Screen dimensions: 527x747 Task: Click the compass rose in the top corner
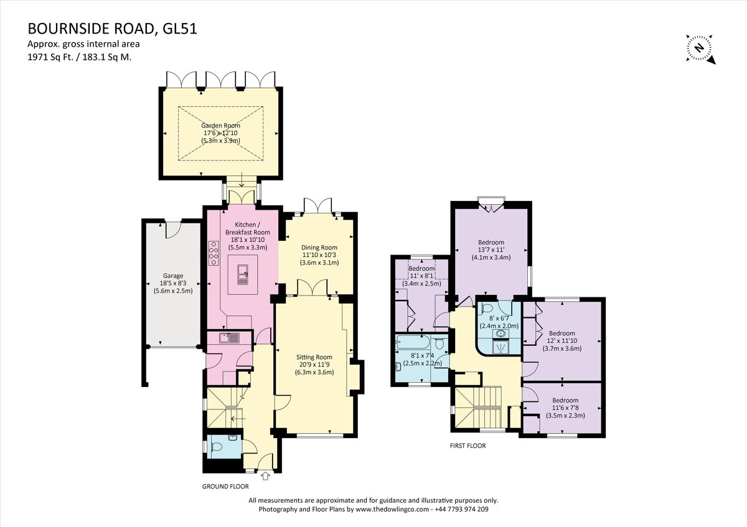[x=700, y=49]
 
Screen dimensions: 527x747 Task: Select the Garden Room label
[x=220, y=125]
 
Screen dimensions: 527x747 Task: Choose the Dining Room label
[x=319, y=247]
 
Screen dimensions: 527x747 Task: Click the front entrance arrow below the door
[x=266, y=477]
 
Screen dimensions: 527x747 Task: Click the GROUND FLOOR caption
[x=225, y=487]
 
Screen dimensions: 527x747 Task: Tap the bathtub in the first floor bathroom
[x=416, y=343]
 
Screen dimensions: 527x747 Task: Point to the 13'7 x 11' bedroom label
[x=491, y=250]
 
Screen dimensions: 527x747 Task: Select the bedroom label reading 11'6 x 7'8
[x=565, y=408]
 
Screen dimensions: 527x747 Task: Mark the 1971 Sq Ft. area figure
[x=49, y=56]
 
